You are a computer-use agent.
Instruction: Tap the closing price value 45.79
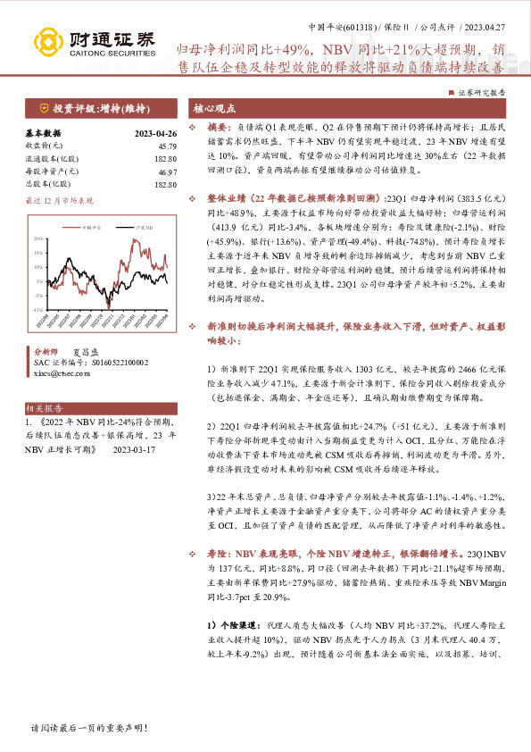166,145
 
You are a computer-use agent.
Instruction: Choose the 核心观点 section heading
215,107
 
